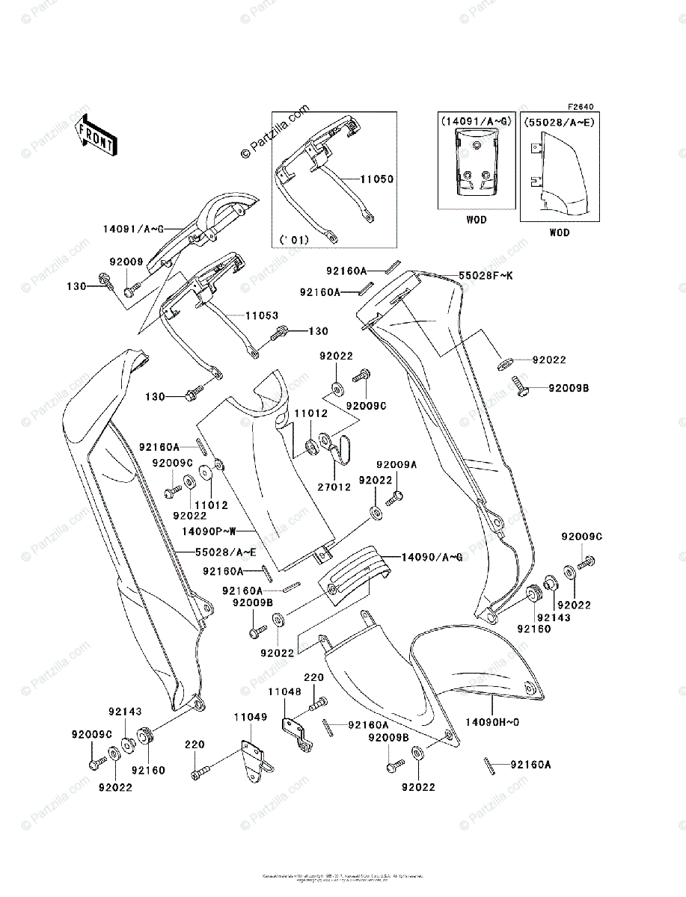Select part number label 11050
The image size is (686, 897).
tap(376, 180)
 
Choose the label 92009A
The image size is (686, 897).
tap(396, 464)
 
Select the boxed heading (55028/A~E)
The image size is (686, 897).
tap(558, 122)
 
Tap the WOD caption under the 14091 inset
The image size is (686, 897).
tap(476, 220)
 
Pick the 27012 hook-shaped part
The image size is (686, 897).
tap(342, 448)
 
